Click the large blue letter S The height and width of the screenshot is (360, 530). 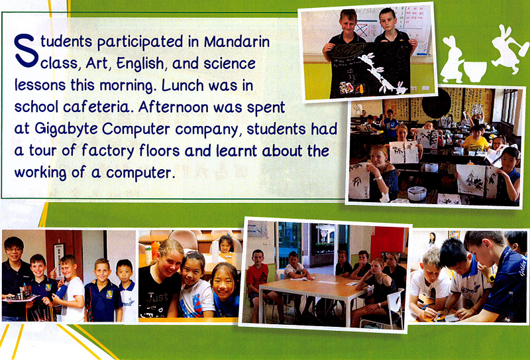tap(26, 50)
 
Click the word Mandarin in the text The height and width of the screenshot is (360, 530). tap(237, 42)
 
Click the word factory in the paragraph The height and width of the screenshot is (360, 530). tap(108, 151)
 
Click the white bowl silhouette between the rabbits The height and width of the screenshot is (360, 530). tap(475, 72)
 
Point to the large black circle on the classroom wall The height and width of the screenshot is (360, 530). tap(436, 103)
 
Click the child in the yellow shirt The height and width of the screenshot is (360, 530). tap(475, 139)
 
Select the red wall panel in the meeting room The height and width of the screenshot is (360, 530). tap(389, 242)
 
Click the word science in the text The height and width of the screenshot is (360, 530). tap(229, 64)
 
